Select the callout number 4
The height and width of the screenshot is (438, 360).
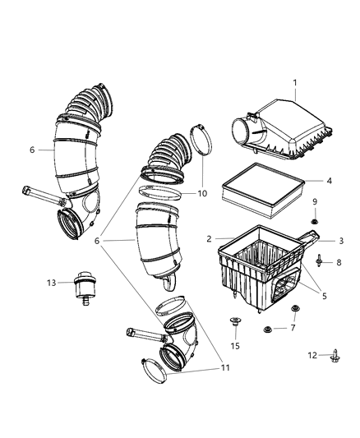coord(328,180)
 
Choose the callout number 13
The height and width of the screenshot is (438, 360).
coord(50,282)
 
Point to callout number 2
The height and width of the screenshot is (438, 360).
coord(210,239)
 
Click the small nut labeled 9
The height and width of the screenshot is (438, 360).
coord(314,221)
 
